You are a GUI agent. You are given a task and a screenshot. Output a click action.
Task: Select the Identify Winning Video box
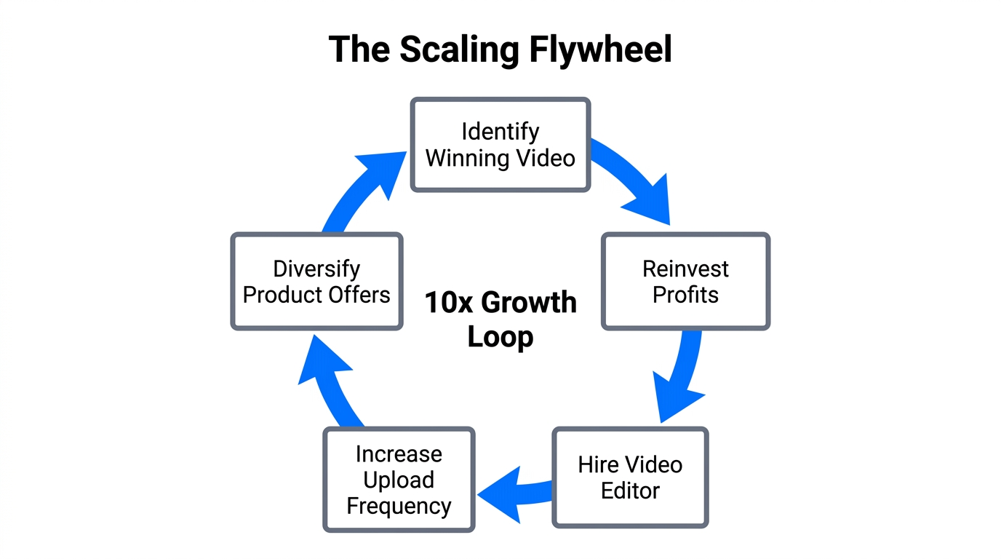coord(500,145)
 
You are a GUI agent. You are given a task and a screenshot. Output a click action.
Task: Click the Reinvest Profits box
coord(685,282)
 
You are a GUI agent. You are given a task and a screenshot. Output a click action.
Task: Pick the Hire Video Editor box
coord(630,477)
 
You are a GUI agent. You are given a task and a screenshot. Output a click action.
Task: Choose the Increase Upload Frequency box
coord(399,480)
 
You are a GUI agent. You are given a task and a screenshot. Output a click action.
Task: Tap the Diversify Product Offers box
coord(316,282)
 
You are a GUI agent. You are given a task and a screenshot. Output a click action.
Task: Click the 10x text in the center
coord(448,302)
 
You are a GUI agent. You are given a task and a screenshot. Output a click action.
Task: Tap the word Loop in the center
coord(500,337)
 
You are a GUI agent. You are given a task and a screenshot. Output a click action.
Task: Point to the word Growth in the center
coord(529,302)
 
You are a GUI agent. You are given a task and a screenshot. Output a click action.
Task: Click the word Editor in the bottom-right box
coord(630,491)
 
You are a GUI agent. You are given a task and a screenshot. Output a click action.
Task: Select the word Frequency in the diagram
coord(399,506)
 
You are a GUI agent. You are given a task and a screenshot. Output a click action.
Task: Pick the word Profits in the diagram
coord(685,295)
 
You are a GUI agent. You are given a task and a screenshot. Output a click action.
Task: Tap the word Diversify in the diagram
coord(316,269)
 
